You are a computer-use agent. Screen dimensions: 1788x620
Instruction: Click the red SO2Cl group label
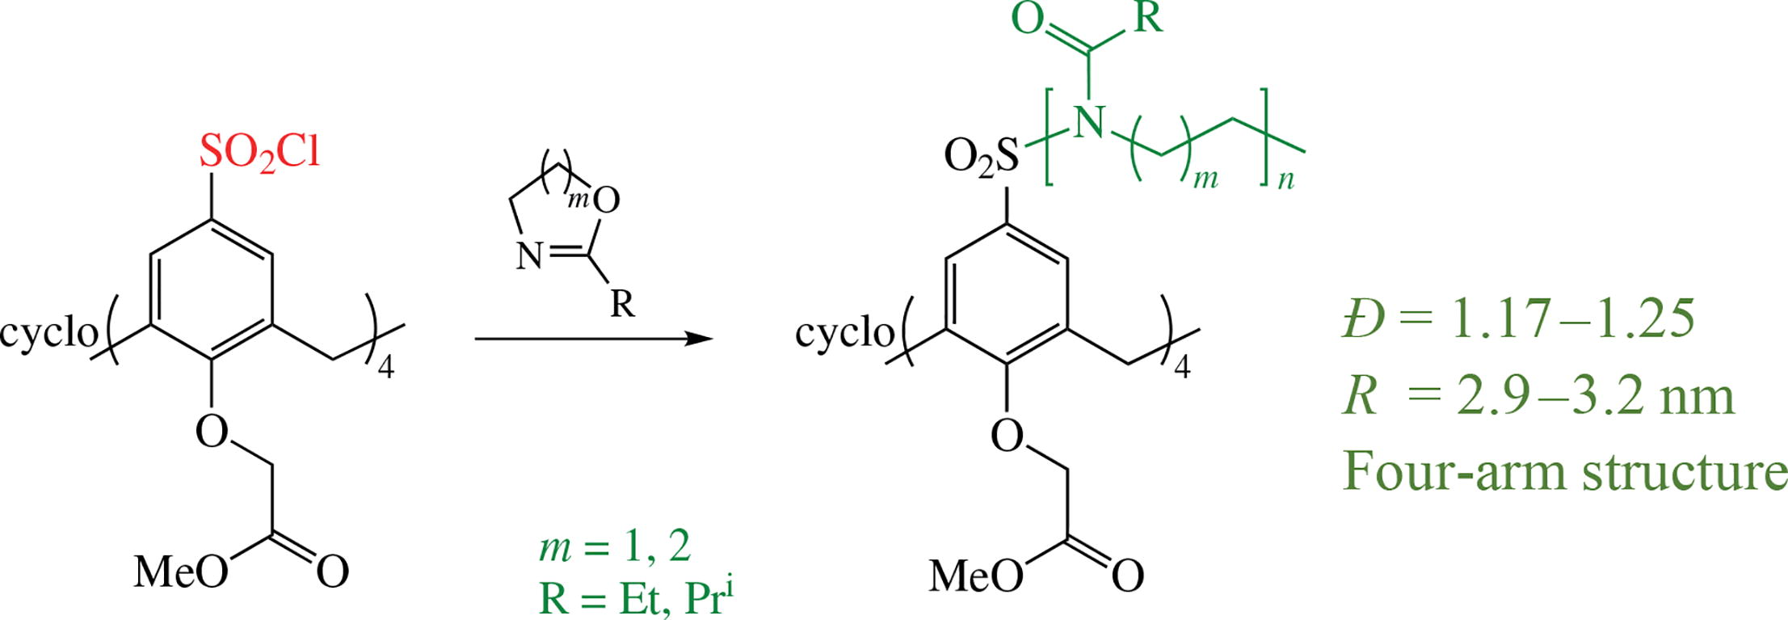click(259, 153)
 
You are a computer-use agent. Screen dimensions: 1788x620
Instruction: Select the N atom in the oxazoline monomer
click(530, 257)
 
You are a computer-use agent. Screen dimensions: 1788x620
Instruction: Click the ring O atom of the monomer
click(606, 200)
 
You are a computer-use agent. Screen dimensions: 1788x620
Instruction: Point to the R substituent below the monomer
click(621, 304)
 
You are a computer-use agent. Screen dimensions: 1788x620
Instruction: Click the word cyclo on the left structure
click(48, 332)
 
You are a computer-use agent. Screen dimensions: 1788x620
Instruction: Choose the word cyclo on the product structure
click(844, 332)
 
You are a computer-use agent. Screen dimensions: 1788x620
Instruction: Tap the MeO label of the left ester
click(180, 571)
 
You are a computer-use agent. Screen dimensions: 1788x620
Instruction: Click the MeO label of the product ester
click(976, 576)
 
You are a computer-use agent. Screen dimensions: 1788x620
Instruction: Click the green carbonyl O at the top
click(1028, 19)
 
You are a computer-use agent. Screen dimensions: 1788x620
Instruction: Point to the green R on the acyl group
click(1147, 18)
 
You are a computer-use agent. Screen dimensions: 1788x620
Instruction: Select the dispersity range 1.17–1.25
click(1572, 318)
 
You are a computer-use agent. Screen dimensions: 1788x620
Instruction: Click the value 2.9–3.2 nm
click(1595, 397)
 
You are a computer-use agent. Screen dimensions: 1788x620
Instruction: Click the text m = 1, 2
click(615, 547)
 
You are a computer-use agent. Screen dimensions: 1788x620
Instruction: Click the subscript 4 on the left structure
click(385, 369)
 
